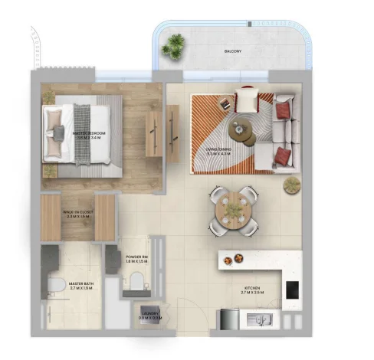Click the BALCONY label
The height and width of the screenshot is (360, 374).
coord(234,51)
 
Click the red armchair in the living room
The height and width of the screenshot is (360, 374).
coord(247,100)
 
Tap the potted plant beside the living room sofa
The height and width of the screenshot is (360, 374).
coord(291,185)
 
